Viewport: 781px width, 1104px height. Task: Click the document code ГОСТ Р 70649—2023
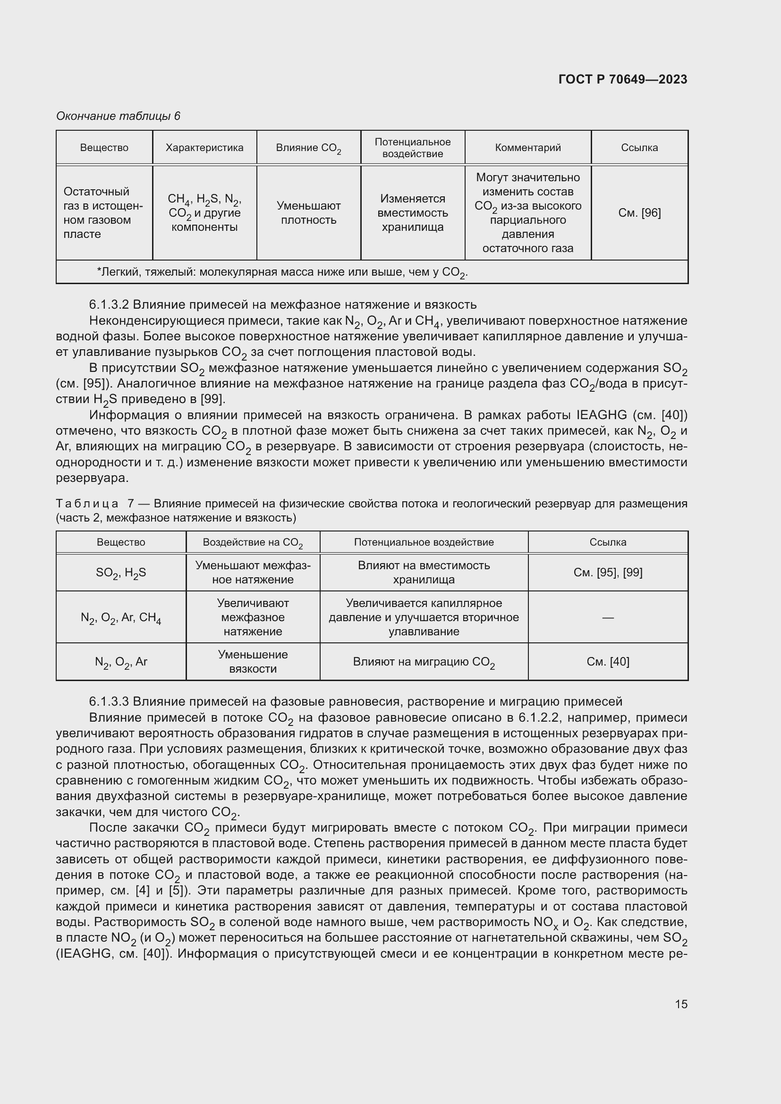[x=622, y=79]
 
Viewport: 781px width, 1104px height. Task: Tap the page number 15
[x=680, y=1004]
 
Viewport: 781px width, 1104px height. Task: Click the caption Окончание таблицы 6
[x=119, y=116]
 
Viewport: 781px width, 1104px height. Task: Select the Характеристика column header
[x=204, y=148]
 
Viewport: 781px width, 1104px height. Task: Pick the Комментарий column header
[x=527, y=148]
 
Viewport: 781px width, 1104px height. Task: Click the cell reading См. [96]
[x=639, y=212]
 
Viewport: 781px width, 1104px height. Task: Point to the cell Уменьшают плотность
[x=308, y=212]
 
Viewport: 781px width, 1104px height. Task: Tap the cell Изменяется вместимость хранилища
[x=412, y=212]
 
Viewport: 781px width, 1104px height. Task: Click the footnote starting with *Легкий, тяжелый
[x=282, y=273]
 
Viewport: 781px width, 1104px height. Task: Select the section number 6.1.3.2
[x=109, y=304]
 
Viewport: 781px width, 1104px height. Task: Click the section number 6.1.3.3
[x=109, y=701]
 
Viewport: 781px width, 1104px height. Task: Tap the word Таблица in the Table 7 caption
[x=87, y=504]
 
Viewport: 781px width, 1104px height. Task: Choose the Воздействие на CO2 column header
[x=253, y=542]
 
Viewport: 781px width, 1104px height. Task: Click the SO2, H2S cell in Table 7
[x=121, y=573]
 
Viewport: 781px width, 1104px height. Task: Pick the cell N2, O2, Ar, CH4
[x=121, y=617]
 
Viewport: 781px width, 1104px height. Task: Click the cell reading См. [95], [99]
[x=607, y=572]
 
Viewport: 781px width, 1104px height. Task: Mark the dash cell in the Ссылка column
[x=607, y=617]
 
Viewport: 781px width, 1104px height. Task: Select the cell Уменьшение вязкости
[x=253, y=661]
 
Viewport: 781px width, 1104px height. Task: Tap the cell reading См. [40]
[x=607, y=662]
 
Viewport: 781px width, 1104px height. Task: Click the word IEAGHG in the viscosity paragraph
[x=601, y=415]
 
